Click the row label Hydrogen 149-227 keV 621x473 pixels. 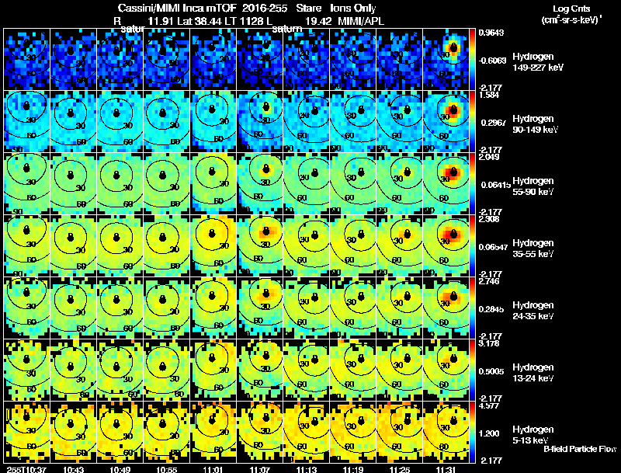(532, 62)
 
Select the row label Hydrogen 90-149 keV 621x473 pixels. (532, 124)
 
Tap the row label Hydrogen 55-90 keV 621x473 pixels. (532, 186)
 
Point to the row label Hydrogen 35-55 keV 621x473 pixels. (532, 249)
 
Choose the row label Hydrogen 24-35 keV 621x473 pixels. (532, 311)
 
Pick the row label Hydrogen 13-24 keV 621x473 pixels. (532, 373)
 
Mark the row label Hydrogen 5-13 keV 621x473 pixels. (532, 435)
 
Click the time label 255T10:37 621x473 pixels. (26, 469)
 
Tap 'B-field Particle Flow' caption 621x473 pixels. (579, 449)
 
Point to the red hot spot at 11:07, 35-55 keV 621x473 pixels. (265, 231)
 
